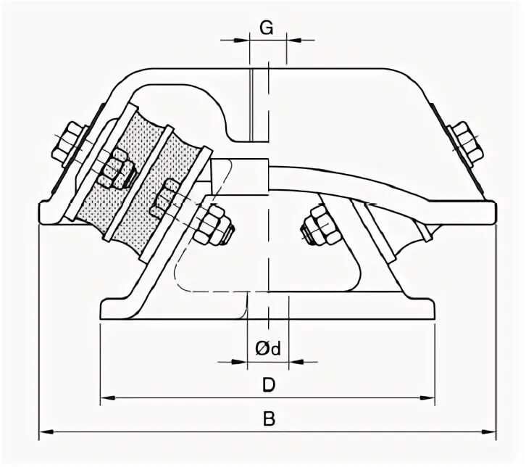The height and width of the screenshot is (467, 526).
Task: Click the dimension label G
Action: pyautogui.click(x=267, y=28)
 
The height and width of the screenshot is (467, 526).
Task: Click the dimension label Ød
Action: pyautogui.click(x=268, y=348)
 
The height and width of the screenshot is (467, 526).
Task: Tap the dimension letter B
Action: pyautogui.click(x=268, y=419)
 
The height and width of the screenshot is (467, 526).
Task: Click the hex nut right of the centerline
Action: pyautogui.click(x=319, y=226)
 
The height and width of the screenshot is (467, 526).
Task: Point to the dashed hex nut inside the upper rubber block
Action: pyautogui.click(x=117, y=170)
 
